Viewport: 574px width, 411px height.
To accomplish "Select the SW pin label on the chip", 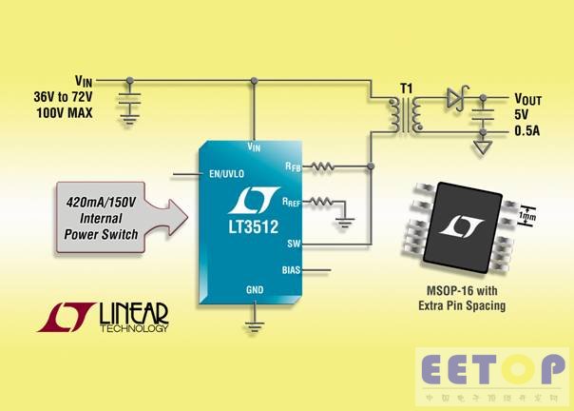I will (x=293, y=245).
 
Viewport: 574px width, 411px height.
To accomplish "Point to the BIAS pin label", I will (x=290, y=270).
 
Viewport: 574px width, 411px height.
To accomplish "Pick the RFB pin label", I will (x=292, y=166).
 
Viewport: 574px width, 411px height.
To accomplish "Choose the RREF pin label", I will (x=291, y=201).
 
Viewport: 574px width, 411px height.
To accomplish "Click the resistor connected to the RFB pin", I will (x=324, y=166).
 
